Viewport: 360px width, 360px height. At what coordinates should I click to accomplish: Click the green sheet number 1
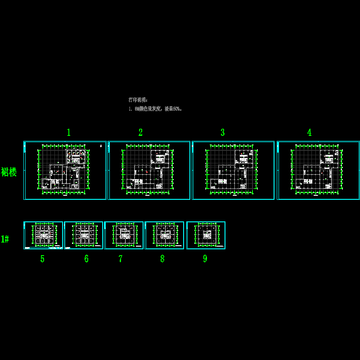click(69, 132)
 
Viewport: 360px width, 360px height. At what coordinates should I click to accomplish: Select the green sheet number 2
click(140, 132)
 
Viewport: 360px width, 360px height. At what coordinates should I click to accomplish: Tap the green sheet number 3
click(222, 132)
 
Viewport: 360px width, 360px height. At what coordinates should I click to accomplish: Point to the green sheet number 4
click(309, 132)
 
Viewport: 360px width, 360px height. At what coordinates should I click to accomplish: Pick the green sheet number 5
click(42, 259)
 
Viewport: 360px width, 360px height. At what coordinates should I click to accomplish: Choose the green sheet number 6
click(86, 259)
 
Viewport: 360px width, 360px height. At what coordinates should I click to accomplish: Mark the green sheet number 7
click(121, 259)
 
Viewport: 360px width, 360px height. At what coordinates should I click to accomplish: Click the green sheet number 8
click(162, 259)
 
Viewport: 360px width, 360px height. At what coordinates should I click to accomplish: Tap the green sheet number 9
click(205, 259)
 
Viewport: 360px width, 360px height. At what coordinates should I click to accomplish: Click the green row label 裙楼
click(9, 172)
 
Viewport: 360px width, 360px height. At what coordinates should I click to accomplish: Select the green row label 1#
click(5, 239)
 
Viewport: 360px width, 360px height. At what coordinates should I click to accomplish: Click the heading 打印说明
click(138, 100)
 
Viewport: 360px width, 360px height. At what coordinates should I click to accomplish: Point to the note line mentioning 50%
click(155, 109)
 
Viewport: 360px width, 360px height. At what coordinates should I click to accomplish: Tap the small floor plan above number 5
click(43, 235)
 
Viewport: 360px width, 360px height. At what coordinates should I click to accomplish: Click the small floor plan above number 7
click(124, 235)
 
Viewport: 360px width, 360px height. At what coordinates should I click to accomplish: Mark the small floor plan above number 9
click(206, 235)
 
